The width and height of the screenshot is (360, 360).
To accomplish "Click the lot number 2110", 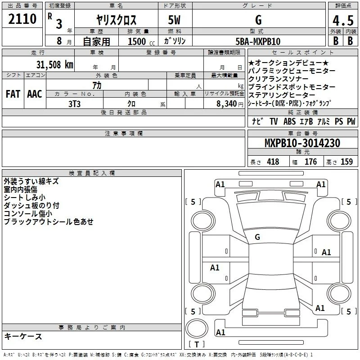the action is click(x=22, y=19).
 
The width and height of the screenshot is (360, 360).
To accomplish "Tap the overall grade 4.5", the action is click(x=343, y=20).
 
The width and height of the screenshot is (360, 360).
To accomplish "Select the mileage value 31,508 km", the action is click(x=54, y=65).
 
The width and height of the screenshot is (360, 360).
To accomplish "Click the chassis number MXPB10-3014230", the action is click(x=302, y=143).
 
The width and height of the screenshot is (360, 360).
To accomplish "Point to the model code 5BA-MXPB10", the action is click(x=258, y=41).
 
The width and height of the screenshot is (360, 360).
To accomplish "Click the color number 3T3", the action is click(x=74, y=104).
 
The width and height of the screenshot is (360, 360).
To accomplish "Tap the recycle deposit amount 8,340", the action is click(x=227, y=104).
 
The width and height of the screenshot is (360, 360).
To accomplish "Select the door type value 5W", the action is click(x=174, y=20).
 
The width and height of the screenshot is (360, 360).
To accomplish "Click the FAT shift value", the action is click(x=13, y=94).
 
